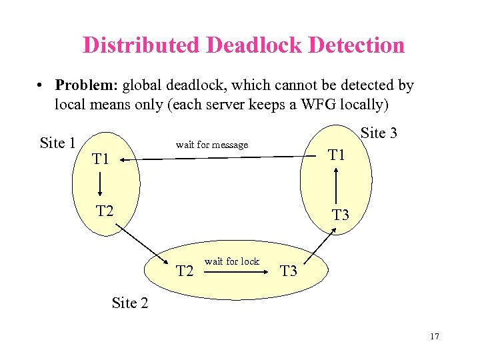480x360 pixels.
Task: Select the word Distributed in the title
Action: [141, 45]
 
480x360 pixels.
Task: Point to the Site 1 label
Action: [57, 143]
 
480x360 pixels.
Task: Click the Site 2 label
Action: [129, 303]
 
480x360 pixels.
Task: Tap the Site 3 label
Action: [379, 133]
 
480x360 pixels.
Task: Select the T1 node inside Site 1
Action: [101, 159]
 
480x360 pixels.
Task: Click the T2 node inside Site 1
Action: [105, 211]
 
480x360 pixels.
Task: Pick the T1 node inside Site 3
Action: [337, 155]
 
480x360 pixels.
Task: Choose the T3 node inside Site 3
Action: [341, 215]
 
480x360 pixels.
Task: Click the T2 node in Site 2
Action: [185, 271]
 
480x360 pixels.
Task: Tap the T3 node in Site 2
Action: [289, 271]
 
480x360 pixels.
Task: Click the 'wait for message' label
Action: [211, 145]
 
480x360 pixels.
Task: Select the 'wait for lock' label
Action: [231, 261]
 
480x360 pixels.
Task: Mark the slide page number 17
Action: [435, 336]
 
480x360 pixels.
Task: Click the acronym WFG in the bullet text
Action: [313, 104]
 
